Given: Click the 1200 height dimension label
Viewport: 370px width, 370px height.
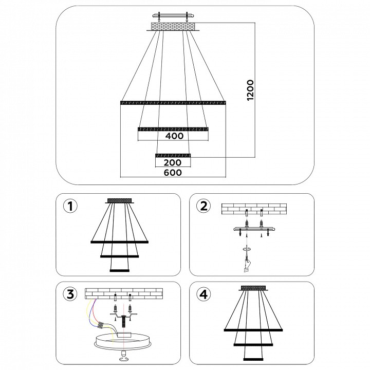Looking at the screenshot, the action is tap(250, 90).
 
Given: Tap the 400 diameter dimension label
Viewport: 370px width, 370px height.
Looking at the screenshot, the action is tap(174, 136).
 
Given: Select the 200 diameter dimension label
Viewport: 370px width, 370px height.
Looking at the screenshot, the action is tap(173, 162).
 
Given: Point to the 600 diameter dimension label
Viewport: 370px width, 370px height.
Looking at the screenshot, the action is tap(173, 173).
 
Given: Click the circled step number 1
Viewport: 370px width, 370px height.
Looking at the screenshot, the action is tap(70, 206).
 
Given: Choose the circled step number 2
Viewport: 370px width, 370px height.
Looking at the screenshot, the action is tap(203, 206).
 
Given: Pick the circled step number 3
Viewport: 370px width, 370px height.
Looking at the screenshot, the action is tap(70, 294).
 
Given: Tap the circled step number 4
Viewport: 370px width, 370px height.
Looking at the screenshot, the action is tap(203, 294).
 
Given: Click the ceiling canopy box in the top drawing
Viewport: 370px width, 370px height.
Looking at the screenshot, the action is tap(173, 26).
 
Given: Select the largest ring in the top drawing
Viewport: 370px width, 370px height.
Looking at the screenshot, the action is tap(173, 103).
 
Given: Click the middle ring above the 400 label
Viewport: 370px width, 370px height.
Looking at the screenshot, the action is tap(173, 129).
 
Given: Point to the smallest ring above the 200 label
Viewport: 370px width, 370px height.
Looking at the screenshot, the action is tap(173, 155).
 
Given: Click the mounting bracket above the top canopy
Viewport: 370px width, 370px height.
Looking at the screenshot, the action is tap(173, 16).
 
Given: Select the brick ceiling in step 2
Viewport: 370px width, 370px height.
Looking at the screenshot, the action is tap(254, 209).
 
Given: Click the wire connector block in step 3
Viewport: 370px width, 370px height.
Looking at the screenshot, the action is tap(102, 325).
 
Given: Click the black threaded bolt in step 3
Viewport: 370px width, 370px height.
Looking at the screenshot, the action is tap(123, 321).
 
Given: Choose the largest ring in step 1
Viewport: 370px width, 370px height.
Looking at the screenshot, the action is tap(119, 242).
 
